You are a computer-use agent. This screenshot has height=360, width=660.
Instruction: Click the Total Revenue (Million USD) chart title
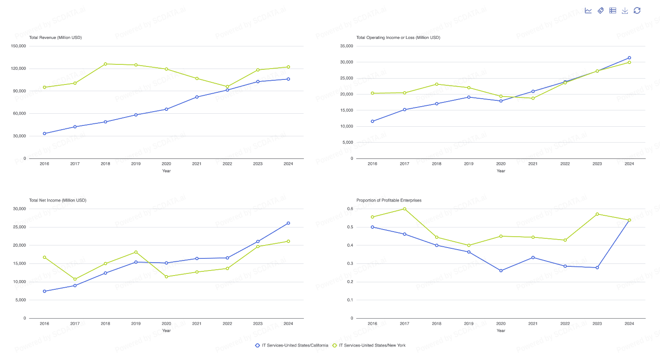pyautogui.click(x=56, y=38)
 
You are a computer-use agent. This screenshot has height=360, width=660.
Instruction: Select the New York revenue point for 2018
pyautogui.click(x=105, y=64)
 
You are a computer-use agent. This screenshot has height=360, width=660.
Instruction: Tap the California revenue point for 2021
pyautogui.click(x=197, y=97)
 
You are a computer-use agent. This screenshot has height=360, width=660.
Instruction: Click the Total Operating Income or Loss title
pyautogui.click(x=398, y=38)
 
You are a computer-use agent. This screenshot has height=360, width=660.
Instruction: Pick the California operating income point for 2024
pyautogui.click(x=629, y=58)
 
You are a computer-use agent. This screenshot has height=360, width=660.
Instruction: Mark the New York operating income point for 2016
pyautogui.click(x=372, y=93)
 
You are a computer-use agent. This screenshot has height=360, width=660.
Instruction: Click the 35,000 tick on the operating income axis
pyautogui.click(x=347, y=46)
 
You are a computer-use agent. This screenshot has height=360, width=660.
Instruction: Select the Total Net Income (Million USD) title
pyautogui.click(x=58, y=200)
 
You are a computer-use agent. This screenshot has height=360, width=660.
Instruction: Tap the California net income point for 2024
pyautogui.click(x=288, y=223)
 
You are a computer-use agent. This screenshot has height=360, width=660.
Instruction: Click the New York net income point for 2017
pyautogui.click(x=75, y=279)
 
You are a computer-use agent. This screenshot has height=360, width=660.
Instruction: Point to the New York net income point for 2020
pyautogui.click(x=166, y=277)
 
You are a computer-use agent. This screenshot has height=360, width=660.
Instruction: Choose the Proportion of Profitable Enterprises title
pyautogui.click(x=389, y=200)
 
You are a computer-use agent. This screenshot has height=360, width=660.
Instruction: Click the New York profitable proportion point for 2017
pyautogui.click(x=405, y=209)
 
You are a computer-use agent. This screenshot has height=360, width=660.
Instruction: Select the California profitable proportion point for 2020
pyautogui.click(x=501, y=271)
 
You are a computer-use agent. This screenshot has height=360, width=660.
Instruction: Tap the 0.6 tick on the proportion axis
pyautogui.click(x=350, y=209)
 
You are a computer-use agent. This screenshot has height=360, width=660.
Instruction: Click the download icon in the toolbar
pyautogui.click(x=625, y=10)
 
